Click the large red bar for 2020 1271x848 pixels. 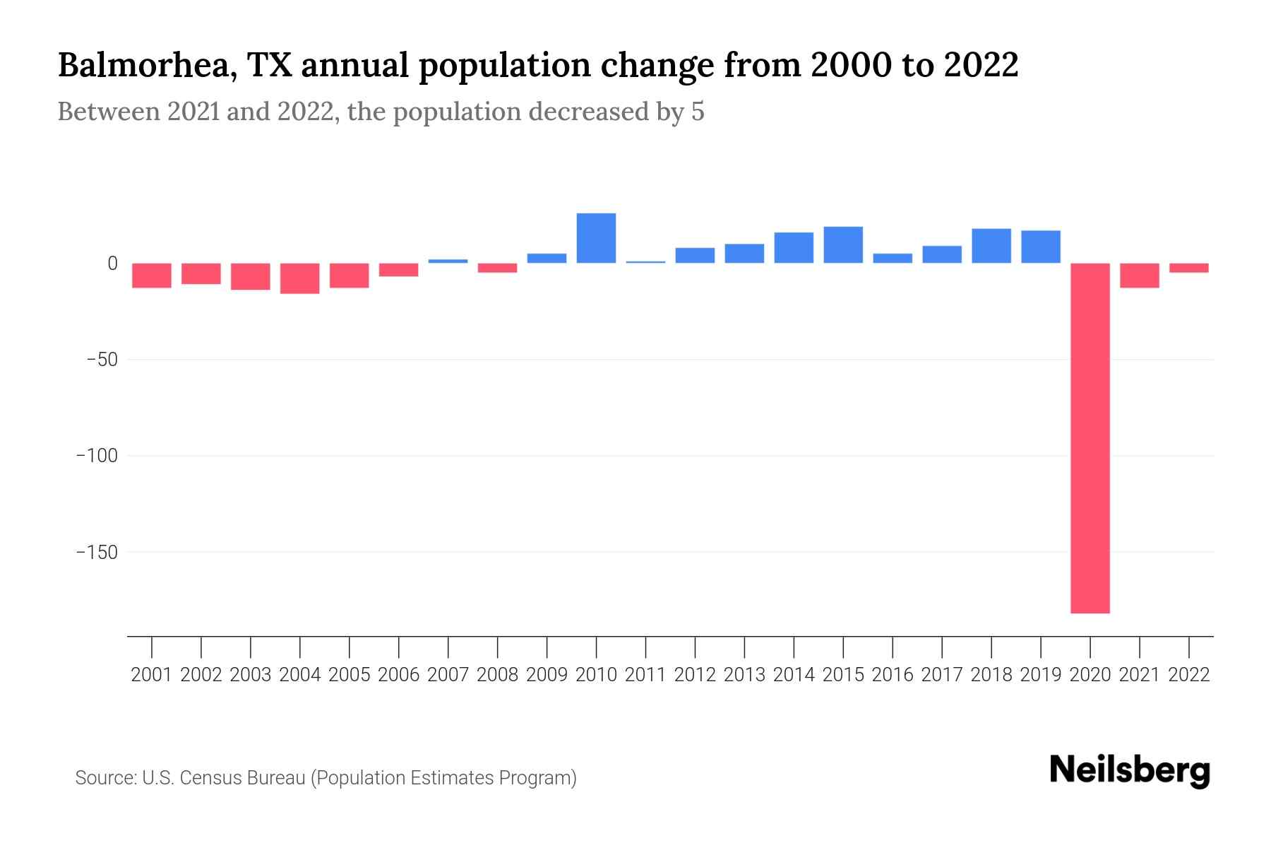(x=1090, y=438)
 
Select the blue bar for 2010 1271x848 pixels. (x=596, y=238)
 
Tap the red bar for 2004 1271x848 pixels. (x=300, y=278)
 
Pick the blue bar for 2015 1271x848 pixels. (x=843, y=245)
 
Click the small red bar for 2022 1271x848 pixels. (x=1188, y=268)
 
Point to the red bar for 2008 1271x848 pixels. (x=497, y=268)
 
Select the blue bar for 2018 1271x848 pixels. (x=991, y=246)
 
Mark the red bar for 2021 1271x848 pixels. (x=1139, y=276)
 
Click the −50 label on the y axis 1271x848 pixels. (x=102, y=360)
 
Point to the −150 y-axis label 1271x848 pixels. (x=97, y=552)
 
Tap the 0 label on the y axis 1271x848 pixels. (x=112, y=264)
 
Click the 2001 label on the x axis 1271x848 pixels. (x=152, y=675)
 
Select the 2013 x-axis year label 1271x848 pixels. (x=744, y=675)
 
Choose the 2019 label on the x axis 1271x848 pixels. (x=1040, y=675)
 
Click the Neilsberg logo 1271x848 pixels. (x=1130, y=770)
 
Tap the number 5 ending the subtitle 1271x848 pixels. (x=698, y=112)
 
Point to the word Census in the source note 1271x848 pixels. (x=208, y=778)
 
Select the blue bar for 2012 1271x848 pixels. (x=695, y=255)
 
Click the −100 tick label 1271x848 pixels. (x=97, y=456)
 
